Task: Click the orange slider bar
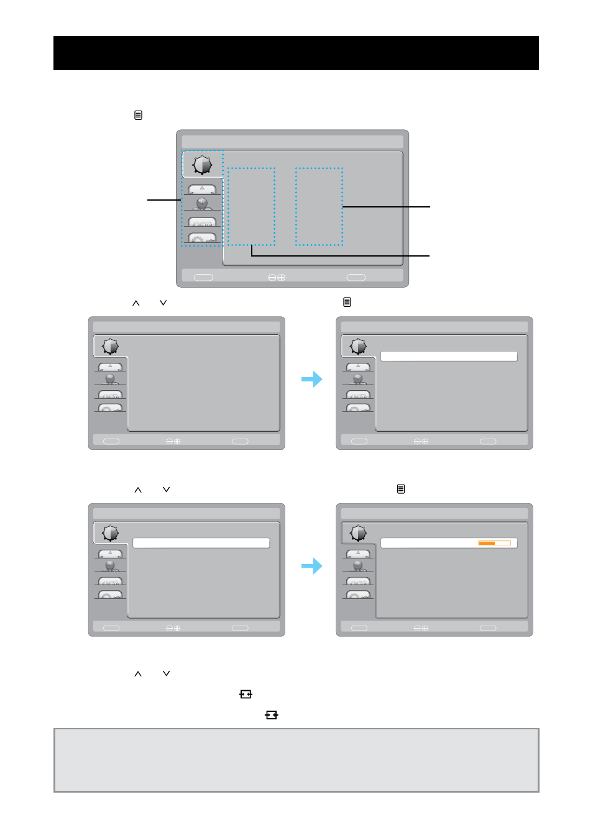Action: point(487,543)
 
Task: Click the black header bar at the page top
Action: point(296,53)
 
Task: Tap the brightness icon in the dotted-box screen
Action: point(202,165)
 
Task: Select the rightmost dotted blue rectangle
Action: point(319,206)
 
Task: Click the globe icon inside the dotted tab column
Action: point(202,203)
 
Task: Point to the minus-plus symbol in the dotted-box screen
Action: point(277,278)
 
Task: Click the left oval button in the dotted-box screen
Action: point(203,278)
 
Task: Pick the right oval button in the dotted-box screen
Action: point(356,278)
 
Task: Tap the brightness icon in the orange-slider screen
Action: point(358,533)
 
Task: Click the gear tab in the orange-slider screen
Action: point(358,595)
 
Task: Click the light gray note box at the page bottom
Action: point(296,760)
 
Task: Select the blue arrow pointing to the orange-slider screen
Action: point(312,566)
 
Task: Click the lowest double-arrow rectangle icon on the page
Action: point(271,715)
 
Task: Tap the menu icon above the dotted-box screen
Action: point(138,116)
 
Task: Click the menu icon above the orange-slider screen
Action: point(401,490)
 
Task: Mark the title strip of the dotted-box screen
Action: point(292,142)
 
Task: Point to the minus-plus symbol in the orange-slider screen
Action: point(421,628)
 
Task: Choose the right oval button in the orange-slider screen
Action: point(488,628)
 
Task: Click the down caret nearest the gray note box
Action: point(166,673)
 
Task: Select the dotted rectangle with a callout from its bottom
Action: point(251,206)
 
